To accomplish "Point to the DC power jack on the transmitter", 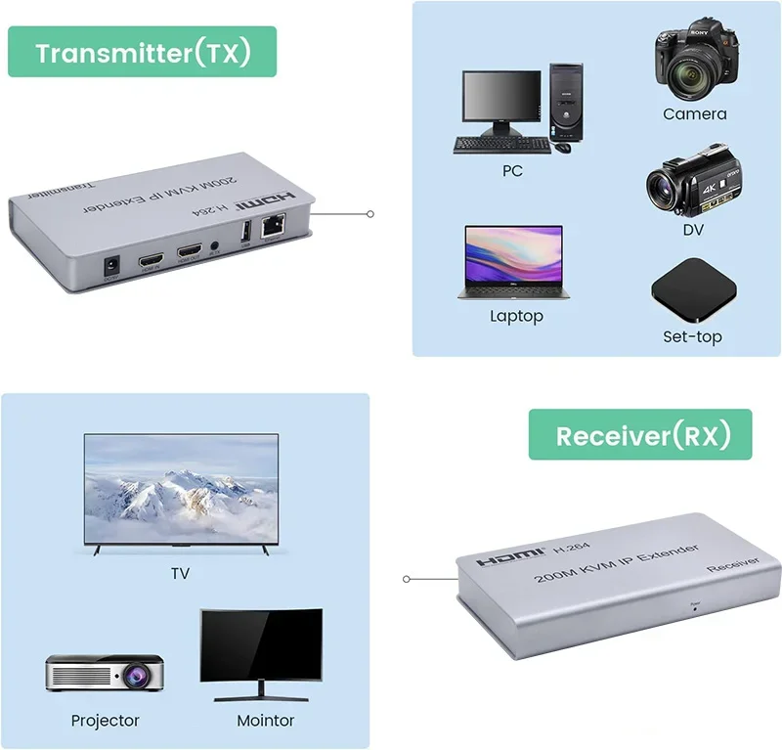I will point(111,264).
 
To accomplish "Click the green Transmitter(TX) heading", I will point(143,52).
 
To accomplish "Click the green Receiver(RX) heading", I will point(640,435).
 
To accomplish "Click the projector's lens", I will point(129,676).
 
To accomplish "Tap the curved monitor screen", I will point(260,644).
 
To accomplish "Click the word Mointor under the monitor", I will point(265,721).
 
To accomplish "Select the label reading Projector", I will point(106,721).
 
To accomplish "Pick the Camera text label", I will point(694,114).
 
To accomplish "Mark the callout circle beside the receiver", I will point(407,579).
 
